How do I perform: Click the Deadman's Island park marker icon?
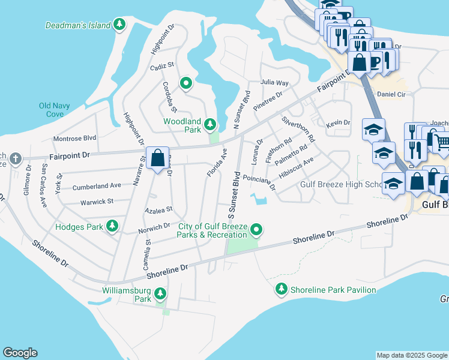(x=121, y=25)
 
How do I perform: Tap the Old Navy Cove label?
(x=55, y=110)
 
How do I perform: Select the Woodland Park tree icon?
(x=209, y=125)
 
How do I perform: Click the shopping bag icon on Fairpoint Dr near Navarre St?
(x=157, y=159)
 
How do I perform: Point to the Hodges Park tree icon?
(x=112, y=226)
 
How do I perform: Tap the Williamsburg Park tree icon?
(x=160, y=293)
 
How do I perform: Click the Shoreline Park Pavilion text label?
(x=333, y=290)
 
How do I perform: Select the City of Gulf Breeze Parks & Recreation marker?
(x=256, y=229)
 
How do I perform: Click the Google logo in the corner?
(x=20, y=353)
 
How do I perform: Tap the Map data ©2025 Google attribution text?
(x=411, y=355)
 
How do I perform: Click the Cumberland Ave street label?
(x=97, y=187)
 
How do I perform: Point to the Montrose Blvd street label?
(x=75, y=137)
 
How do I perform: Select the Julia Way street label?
(x=274, y=83)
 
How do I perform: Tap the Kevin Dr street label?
(x=338, y=123)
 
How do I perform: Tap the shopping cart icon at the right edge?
(x=442, y=143)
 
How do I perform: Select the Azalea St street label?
(x=159, y=210)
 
